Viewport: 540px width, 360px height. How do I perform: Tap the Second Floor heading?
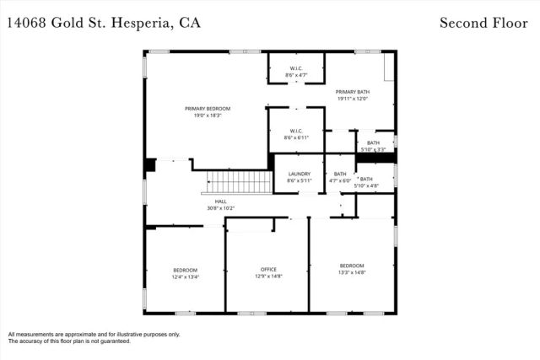click(x=484, y=22)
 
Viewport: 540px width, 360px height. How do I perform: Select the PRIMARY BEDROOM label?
click(x=208, y=109)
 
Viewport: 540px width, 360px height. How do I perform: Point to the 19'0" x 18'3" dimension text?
click(x=208, y=116)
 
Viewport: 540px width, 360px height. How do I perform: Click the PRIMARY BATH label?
click(x=353, y=92)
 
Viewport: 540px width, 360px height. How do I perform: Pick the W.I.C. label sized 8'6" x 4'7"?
click(x=296, y=68)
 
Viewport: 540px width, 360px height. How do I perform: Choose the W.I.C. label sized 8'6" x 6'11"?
click(x=296, y=131)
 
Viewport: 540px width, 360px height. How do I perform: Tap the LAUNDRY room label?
click(x=300, y=174)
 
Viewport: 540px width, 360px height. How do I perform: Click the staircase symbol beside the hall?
click(x=239, y=181)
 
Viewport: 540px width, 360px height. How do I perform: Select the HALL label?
click(x=220, y=201)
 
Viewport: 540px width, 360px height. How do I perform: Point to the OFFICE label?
click(x=268, y=270)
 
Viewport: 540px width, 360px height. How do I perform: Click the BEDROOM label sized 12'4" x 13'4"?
click(x=185, y=270)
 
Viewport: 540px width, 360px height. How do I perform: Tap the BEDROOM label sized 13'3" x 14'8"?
click(x=352, y=265)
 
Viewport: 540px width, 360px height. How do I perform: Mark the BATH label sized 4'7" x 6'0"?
click(x=340, y=174)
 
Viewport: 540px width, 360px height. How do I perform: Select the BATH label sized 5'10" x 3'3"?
click(x=373, y=143)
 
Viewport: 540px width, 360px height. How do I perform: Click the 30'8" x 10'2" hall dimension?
click(x=220, y=208)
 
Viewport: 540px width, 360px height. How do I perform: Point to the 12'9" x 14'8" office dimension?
click(x=268, y=277)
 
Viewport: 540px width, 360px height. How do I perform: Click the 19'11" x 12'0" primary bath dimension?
click(x=353, y=99)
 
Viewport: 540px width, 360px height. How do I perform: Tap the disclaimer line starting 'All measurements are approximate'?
click(x=94, y=334)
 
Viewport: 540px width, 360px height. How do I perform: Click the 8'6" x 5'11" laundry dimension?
click(x=300, y=180)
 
